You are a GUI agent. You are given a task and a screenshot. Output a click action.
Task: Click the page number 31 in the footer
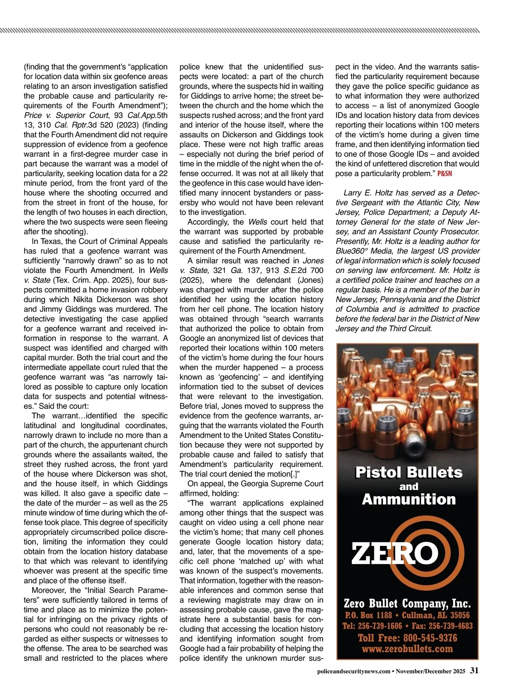click(474, 671)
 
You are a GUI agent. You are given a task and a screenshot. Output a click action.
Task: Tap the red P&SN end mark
click(445, 174)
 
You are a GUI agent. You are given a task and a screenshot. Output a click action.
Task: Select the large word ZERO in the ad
click(395, 553)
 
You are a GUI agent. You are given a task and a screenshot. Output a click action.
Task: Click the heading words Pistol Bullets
click(409, 472)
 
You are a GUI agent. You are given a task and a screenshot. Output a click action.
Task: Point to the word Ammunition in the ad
click(409, 499)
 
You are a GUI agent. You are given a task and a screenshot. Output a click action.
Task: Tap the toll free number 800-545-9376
click(429, 638)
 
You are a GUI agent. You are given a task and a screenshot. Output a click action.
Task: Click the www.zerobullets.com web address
click(407, 649)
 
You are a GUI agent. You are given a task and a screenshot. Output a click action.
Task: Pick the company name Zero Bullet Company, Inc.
click(407, 604)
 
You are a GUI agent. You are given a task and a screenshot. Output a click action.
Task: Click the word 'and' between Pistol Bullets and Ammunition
click(409, 487)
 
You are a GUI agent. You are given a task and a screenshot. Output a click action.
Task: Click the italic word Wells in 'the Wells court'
click(257, 222)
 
